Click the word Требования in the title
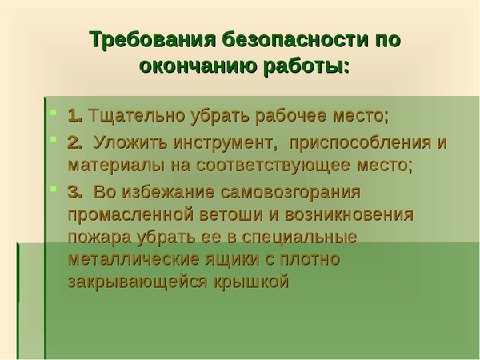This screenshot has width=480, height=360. click(x=152, y=40)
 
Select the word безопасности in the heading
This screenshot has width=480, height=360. click(x=294, y=40)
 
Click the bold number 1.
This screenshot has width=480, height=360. click(x=74, y=115)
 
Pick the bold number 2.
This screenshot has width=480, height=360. click(x=74, y=142)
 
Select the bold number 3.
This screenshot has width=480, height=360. click(x=74, y=192)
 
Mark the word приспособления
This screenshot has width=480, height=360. click(x=359, y=143)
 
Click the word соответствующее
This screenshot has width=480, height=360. click(x=273, y=166)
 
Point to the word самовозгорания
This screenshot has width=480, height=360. click(x=290, y=193)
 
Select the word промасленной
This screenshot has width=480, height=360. click(x=130, y=215)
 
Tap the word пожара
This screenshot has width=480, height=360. click(x=100, y=238)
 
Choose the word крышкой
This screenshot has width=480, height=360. click(x=251, y=281)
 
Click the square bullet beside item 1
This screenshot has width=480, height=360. click(x=54, y=112)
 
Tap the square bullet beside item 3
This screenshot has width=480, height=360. click(x=54, y=189)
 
